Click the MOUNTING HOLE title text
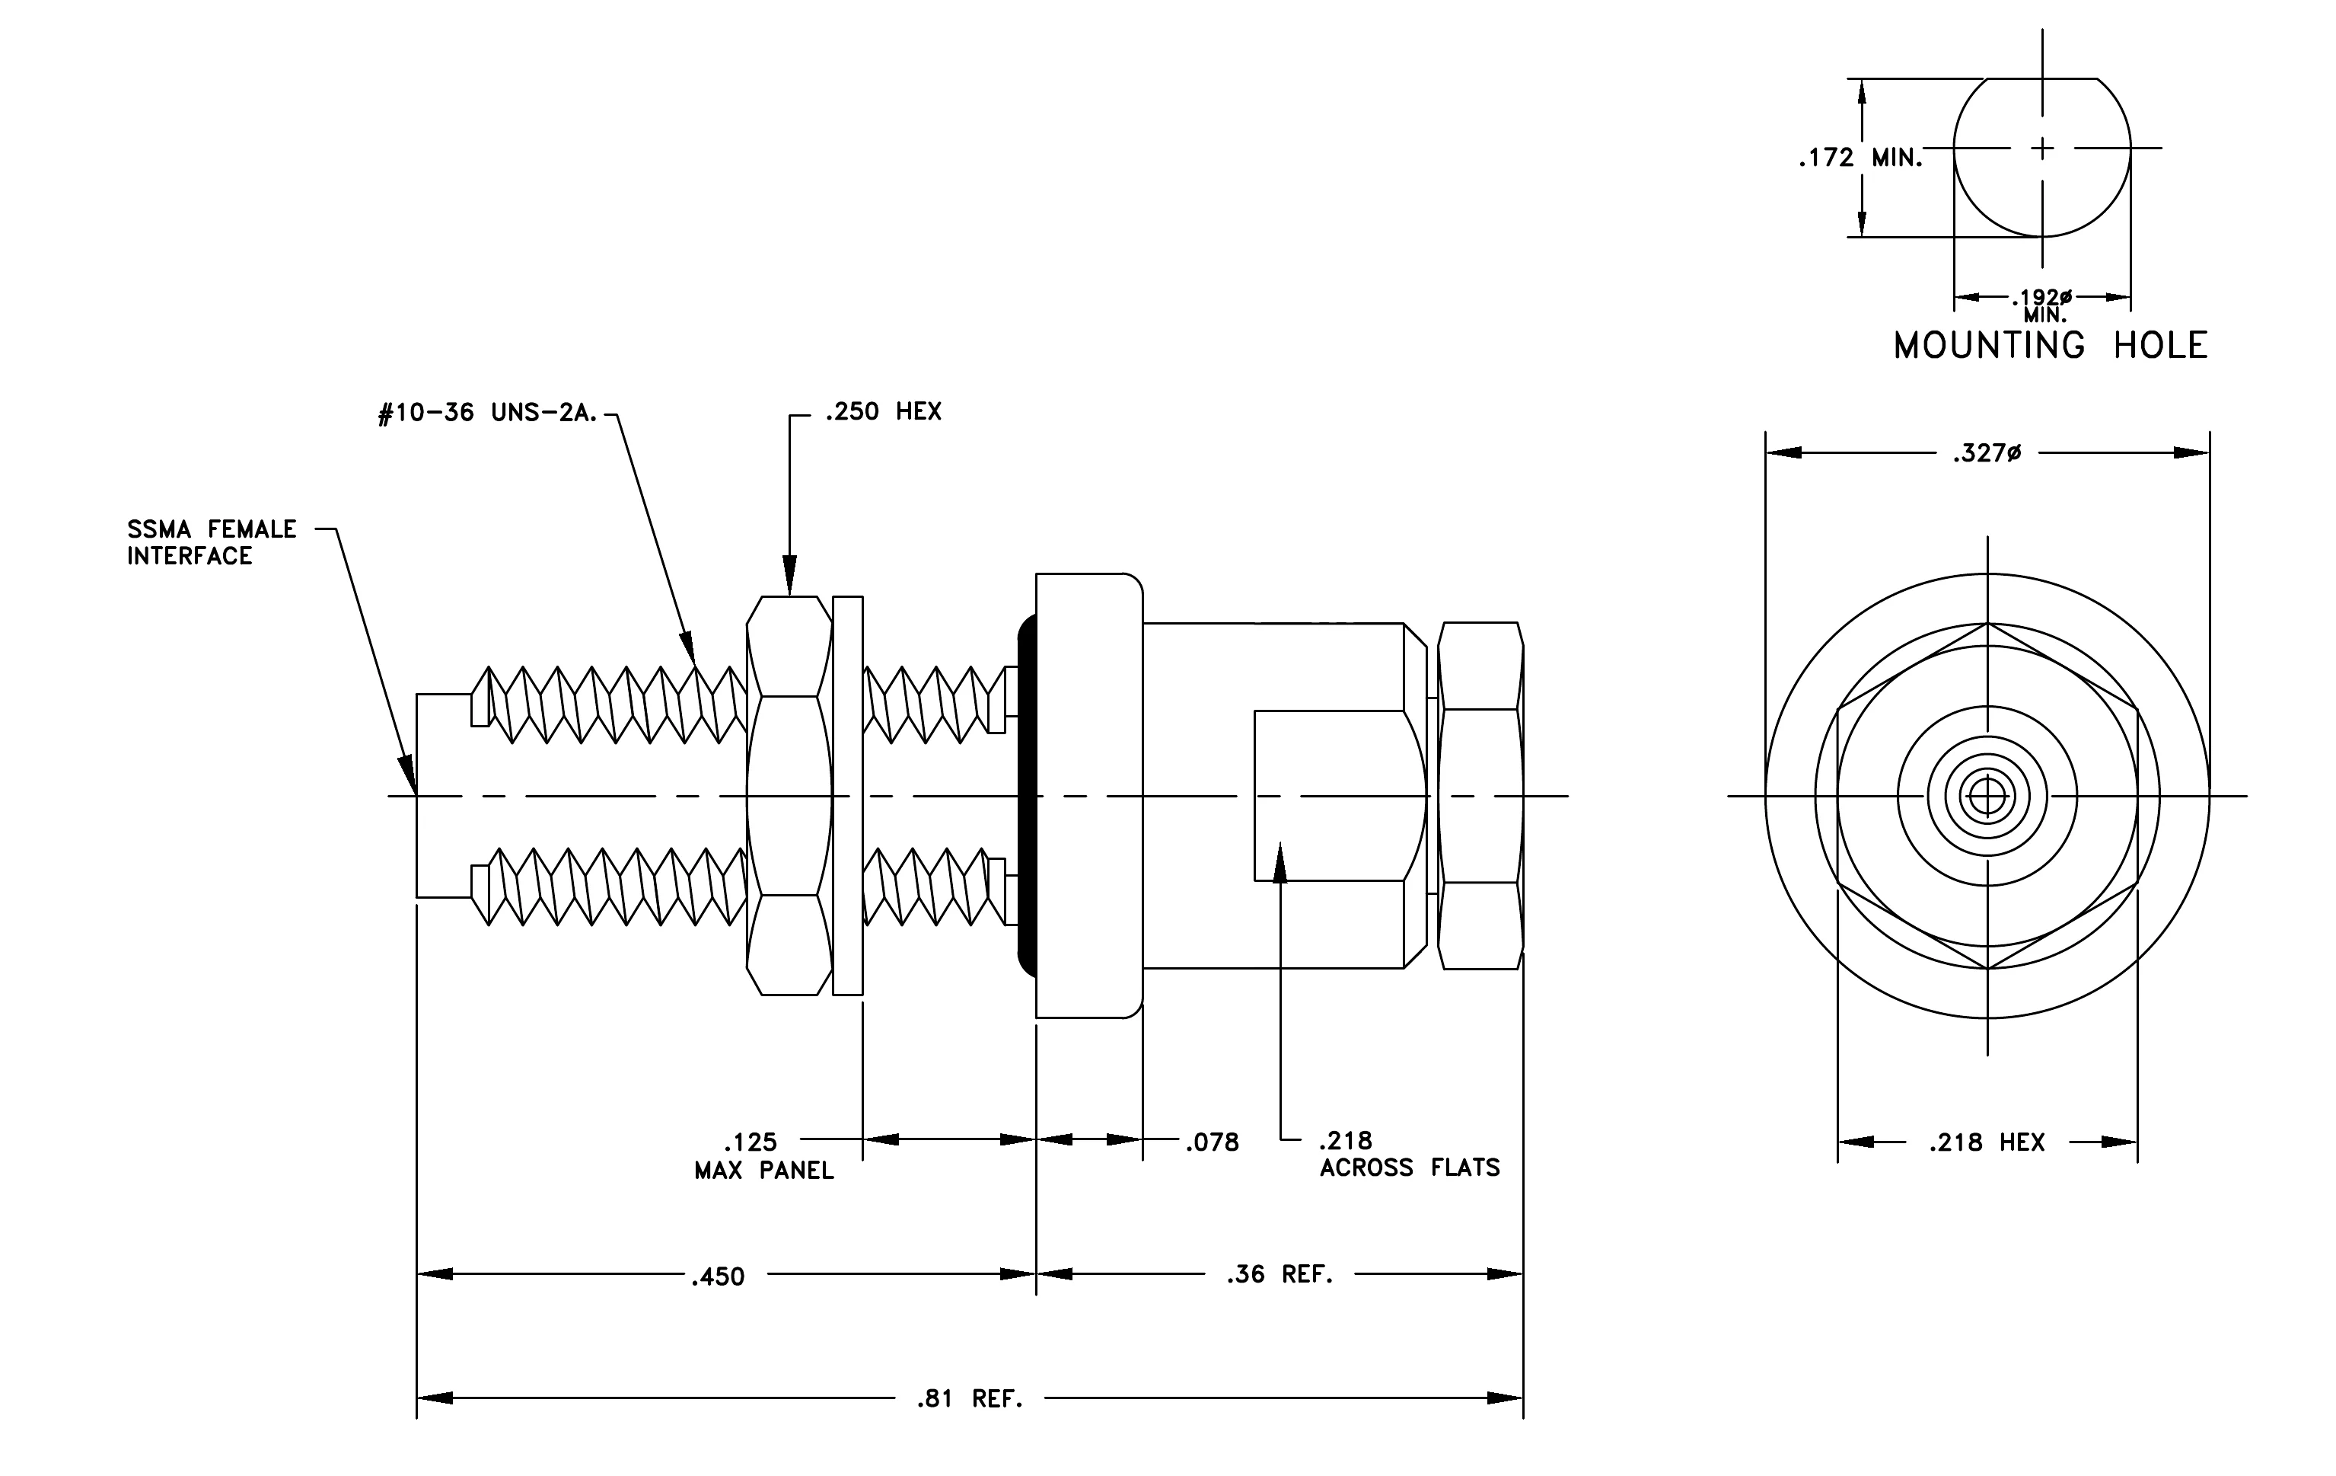pos(2051,346)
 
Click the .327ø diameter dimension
pos(1987,453)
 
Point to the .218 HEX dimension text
pos(1987,1143)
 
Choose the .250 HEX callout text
pos(883,411)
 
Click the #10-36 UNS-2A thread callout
pos(488,414)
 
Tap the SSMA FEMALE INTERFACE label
pos(212,542)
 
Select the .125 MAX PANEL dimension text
pos(764,1156)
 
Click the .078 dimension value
pos(1213,1143)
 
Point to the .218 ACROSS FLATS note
pos(1410,1155)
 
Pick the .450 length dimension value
pos(718,1277)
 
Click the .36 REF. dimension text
pos(1280,1275)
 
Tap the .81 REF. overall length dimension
pos(970,1399)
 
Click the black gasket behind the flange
pos(1026,796)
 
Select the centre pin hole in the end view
pos(1987,797)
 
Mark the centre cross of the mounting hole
pos(2042,149)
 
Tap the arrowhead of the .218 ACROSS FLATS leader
pos(1280,861)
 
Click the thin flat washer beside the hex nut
pos(848,796)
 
